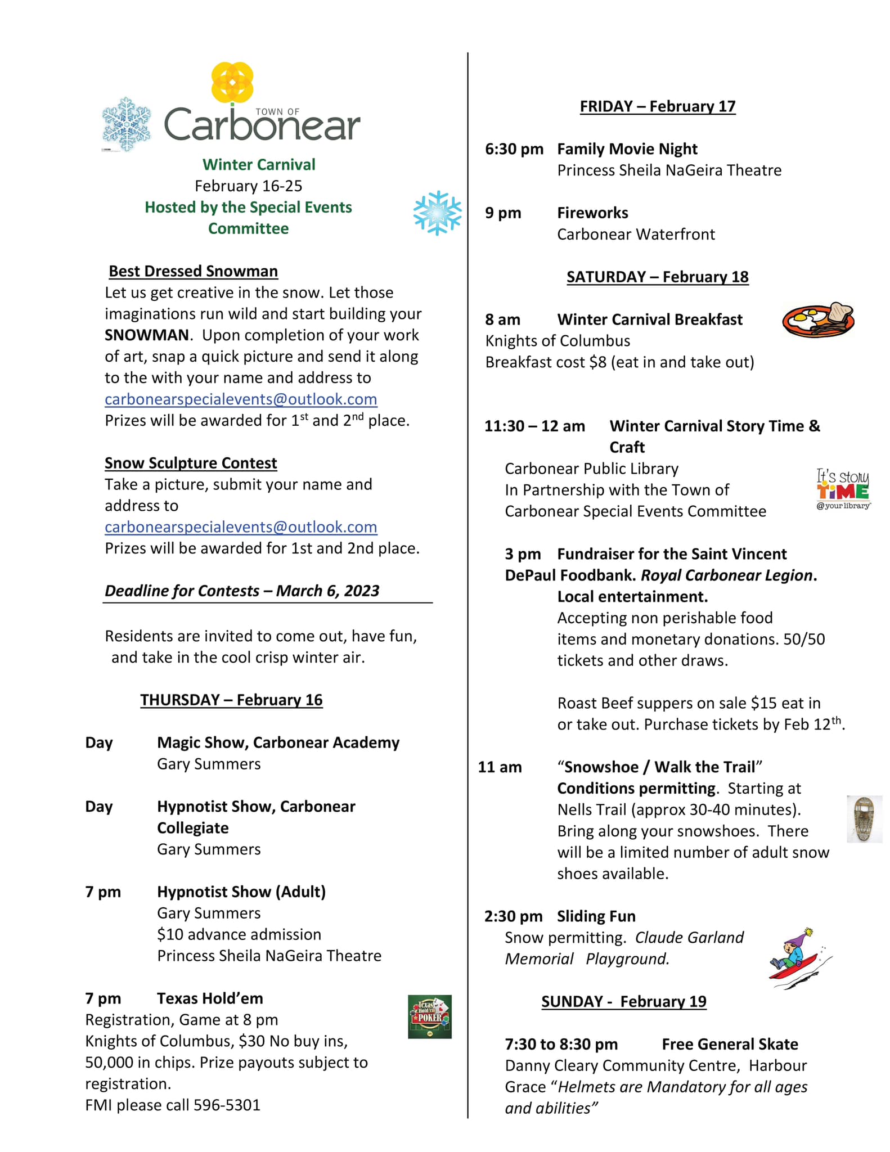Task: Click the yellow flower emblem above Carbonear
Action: [232, 82]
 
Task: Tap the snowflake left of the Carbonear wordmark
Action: [127, 124]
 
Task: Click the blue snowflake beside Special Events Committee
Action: [437, 213]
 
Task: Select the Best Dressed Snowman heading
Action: [193, 271]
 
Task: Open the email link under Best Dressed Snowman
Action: [241, 399]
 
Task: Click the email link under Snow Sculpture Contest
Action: [241, 527]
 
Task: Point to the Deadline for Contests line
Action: [242, 591]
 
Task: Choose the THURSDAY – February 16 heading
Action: [231, 700]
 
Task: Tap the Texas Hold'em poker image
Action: [430, 1016]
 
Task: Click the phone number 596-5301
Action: [227, 1105]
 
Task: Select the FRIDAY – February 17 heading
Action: [658, 106]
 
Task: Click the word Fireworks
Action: [592, 213]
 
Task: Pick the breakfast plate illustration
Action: [818, 319]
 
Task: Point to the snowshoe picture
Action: [864, 819]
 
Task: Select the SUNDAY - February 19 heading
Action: [623, 1001]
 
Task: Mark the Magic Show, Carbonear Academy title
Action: [278, 742]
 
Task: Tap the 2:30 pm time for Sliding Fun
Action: [513, 916]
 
